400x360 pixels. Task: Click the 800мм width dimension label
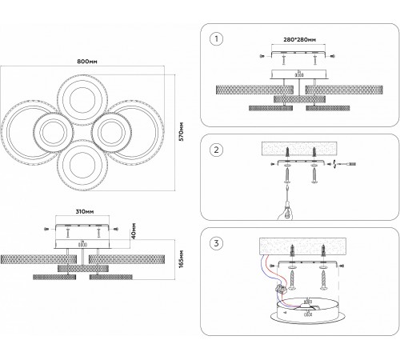point(87,62)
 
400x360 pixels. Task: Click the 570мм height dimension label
point(182,132)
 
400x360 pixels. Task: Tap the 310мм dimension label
point(85,211)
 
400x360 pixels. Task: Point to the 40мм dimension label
point(134,230)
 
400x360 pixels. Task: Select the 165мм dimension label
point(182,259)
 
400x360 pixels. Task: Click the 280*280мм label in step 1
point(299,40)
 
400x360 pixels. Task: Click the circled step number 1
point(216,39)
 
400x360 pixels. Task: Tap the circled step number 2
point(216,150)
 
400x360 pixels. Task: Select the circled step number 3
point(216,243)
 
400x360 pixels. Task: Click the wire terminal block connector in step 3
point(279,289)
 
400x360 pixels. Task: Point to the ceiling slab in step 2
point(299,149)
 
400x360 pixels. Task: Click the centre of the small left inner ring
point(54,133)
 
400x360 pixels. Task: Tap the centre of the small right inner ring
point(111,133)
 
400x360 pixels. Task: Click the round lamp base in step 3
point(307,311)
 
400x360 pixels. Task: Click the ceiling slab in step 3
point(302,246)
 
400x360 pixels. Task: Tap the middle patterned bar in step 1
point(299,99)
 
